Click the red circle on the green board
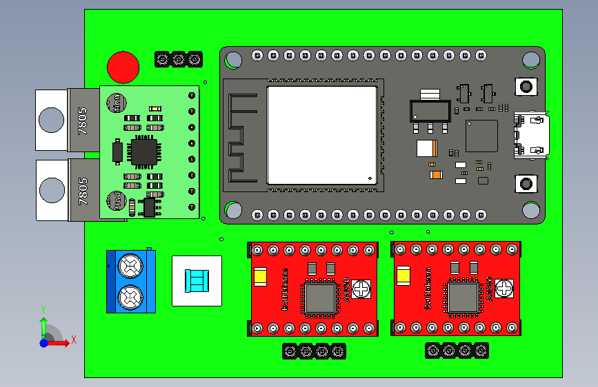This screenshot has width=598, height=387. point(123,67)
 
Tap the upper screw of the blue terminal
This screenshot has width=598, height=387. point(130,264)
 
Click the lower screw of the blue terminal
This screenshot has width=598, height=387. point(130,297)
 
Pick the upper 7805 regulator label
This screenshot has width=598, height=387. point(83,121)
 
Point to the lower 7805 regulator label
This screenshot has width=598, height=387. point(83,191)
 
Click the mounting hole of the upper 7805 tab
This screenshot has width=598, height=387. point(50,120)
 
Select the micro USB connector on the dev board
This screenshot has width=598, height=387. point(532,136)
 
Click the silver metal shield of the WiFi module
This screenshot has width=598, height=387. point(322,135)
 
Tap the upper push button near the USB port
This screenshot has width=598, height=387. point(526,87)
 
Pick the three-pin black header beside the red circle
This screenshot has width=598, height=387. point(178,60)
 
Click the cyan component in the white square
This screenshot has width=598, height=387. point(197,280)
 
